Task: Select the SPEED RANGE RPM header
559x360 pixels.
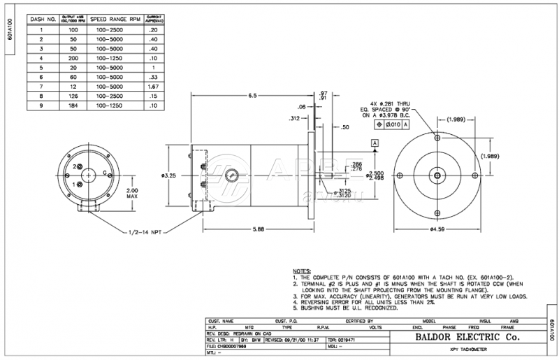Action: (111, 20)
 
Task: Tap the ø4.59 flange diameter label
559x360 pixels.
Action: (437, 229)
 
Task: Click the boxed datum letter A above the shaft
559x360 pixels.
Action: (375, 143)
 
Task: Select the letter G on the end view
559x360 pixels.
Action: (104, 172)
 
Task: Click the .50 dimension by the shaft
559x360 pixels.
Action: (344, 128)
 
